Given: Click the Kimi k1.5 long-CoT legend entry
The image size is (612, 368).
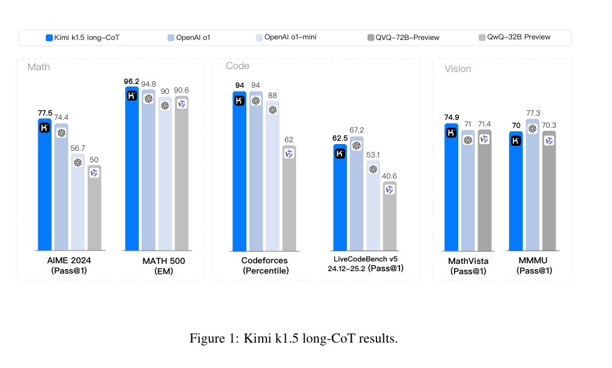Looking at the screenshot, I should coord(82,38).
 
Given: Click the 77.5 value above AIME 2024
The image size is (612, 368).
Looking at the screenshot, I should coord(45,113).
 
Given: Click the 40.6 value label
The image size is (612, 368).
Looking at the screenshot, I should coord(389,176).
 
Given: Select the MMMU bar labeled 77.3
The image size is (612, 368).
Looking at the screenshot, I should coord(532,185).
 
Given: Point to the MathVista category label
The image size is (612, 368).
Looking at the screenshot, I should coord(468,261).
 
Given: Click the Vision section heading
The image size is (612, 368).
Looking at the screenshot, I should coord(458,69).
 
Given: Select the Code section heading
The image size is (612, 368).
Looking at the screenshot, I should coord(237,66).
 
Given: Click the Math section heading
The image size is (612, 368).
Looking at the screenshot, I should coord(39,67).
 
